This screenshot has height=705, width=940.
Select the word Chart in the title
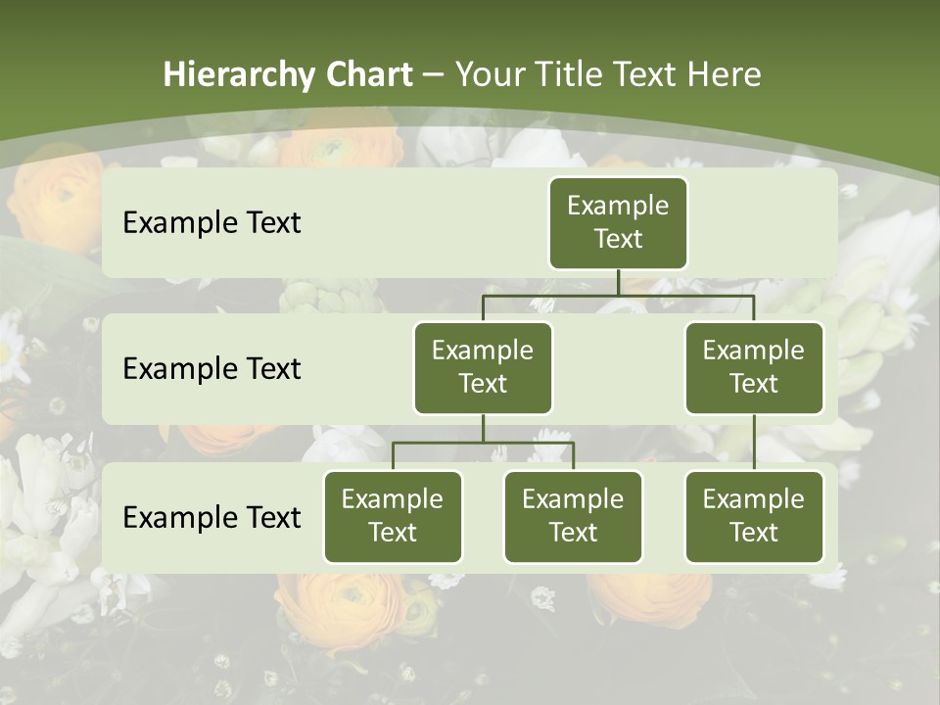click(368, 75)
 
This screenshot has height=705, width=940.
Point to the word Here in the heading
click(725, 75)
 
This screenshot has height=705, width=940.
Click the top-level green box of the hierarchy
click(618, 223)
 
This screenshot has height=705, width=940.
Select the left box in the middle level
click(483, 368)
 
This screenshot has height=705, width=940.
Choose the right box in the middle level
click(754, 368)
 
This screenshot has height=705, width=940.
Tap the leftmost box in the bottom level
click(393, 517)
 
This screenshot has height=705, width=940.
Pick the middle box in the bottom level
click(573, 517)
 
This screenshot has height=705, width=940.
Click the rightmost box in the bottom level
click(754, 517)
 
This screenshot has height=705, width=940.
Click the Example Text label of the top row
click(211, 223)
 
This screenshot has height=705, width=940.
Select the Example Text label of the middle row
click(211, 369)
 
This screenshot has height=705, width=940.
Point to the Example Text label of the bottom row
click(211, 518)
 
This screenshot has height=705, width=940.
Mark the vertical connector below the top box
click(618, 282)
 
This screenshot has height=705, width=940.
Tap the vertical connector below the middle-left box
click(483, 428)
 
